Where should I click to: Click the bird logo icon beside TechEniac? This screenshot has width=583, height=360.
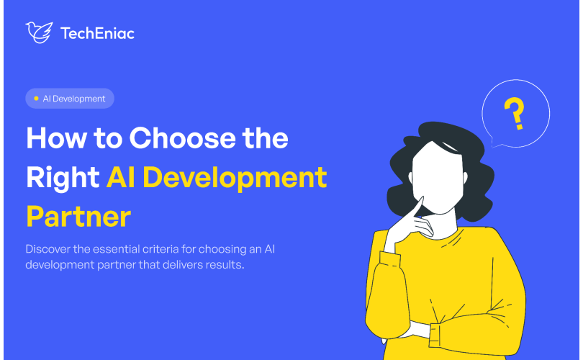[x=39, y=32]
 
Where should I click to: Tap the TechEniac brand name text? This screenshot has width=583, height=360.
[x=97, y=33]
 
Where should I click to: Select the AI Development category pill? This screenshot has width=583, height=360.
[x=70, y=99]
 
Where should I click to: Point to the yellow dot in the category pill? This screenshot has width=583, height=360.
[x=36, y=99]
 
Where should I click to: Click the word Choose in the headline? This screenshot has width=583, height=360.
[x=182, y=138]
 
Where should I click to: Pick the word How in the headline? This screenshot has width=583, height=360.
[x=56, y=138]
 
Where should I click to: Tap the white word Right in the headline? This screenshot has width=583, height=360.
[x=63, y=179]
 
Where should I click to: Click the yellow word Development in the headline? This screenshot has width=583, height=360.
[x=235, y=179]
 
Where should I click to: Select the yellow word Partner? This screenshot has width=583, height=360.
[x=78, y=217]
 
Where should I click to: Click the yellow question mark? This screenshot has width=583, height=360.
[x=515, y=113]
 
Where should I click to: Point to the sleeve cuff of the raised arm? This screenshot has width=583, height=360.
[x=389, y=259]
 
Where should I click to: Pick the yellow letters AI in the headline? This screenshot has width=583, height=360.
[x=120, y=178]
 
